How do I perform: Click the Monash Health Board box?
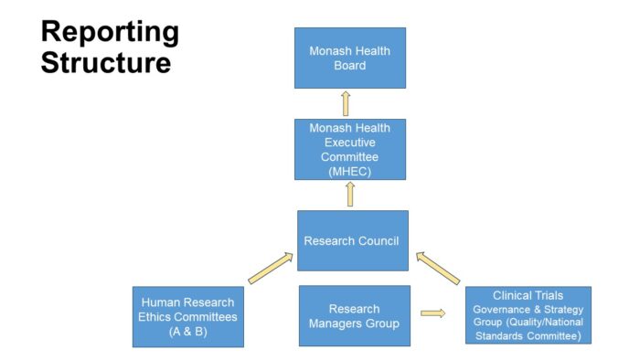pos(349,58)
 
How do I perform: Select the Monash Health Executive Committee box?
pos(349,149)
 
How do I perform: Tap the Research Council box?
pos(352,240)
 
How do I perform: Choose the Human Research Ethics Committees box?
pos(187,316)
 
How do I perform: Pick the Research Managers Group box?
pos(354,316)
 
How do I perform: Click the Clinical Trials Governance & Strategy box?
pos(528,315)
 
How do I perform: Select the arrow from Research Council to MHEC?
pos(349,195)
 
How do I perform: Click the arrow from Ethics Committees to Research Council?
pos(270,269)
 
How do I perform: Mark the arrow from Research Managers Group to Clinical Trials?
pos(433,313)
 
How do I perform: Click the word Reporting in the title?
pos(110,32)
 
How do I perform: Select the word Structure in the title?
pos(105,63)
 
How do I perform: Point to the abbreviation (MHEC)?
pos(349,169)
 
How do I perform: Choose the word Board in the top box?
pos(349,65)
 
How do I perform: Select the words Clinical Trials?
pos(528,295)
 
